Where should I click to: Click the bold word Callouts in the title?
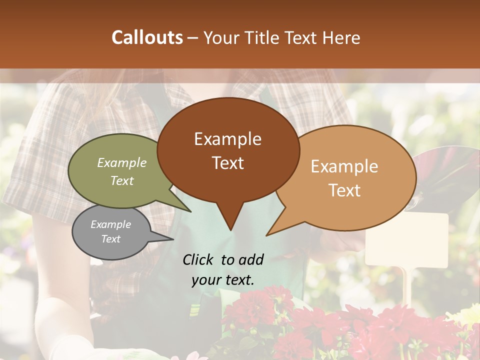147,37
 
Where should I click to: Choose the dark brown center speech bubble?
228,150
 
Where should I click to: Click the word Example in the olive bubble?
121,162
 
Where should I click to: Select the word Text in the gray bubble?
111,239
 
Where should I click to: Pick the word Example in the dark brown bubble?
228,139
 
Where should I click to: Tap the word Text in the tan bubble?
345,190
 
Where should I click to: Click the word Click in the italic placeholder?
199,259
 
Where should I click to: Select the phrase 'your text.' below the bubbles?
223,280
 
